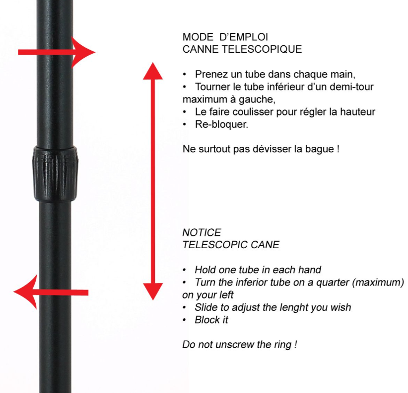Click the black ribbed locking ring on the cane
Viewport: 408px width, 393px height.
point(55,174)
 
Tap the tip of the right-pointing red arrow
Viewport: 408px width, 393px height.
point(95,52)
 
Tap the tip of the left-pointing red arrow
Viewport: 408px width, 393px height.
point(13,292)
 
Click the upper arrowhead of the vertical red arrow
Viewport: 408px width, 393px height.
point(153,71)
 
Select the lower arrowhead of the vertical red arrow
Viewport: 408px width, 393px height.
point(153,292)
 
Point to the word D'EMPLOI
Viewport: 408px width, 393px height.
point(244,37)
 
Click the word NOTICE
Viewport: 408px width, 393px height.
point(202,232)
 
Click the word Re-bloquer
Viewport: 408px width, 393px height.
point(222,124)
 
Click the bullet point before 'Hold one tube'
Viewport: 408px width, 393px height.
point(184,270)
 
